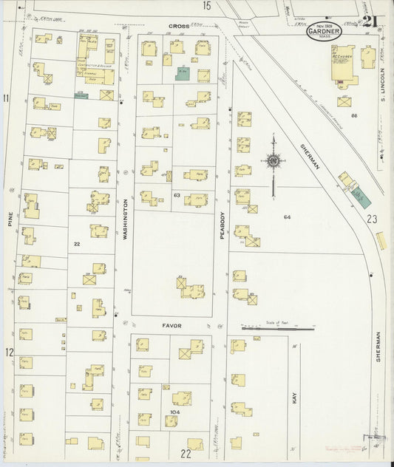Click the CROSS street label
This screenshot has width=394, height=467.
pyautogui.click(x=179, y=26)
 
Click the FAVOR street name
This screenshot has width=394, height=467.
pyautogui.click(x=171, y=325)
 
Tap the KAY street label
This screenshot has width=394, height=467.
pyautogui.click(x=295, y=398)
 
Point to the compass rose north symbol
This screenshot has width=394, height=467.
pyautogui.click(x=273, y=160)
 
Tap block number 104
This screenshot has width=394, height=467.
pyautogui.click(x=175, y=412)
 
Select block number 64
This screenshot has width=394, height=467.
pyautogui.click(x=287, y=217)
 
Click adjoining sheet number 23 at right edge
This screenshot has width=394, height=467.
pyautogui.click(x=371, y=219)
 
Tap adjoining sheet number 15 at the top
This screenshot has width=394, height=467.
pyautogui.click(x=208, y=6)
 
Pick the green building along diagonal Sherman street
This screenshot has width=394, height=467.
pyautogui.click(x=361, y=197)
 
